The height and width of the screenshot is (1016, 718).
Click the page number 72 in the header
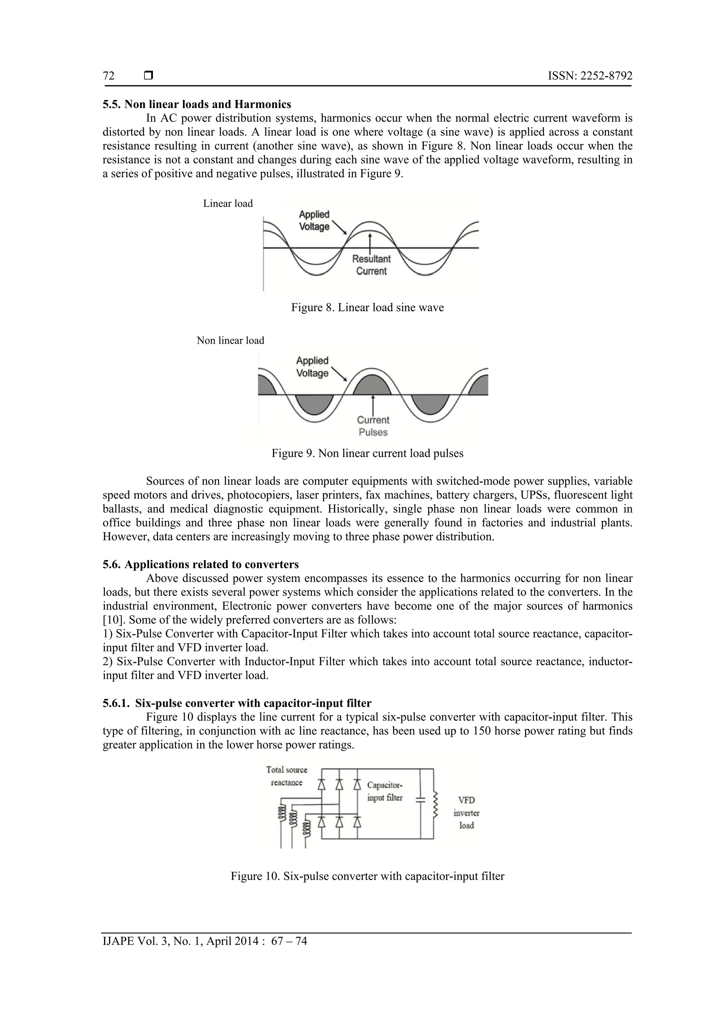[108, 76]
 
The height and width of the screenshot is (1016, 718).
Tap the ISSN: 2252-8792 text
[590, 76]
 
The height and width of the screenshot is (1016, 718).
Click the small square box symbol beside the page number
[149, 76]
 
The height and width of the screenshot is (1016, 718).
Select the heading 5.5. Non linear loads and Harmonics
[197, 105]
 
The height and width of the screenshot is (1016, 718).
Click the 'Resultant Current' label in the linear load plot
[371, 265]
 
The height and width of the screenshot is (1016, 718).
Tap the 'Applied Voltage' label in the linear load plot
[314, 220]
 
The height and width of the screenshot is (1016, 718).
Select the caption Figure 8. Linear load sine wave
[367, 308]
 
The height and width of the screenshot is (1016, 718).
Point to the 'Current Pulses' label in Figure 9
[373, 426]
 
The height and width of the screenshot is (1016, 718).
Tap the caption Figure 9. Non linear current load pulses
[367, 453]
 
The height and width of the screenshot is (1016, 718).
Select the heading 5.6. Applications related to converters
[201, 565]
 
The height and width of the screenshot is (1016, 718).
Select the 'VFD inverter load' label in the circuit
[466, 813]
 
